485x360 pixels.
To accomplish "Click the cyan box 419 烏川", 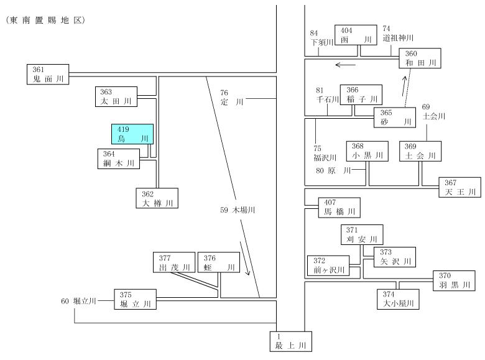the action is (x=132, y=134).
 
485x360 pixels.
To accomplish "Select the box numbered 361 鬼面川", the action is (x=48, y=74).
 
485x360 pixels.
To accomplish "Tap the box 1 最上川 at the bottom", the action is (x=291, y=341).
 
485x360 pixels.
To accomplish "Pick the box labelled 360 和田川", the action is (x=420, y=58).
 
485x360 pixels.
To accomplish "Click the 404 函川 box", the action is (x=356, y=35).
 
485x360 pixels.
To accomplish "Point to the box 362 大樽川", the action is (x=157, y=198).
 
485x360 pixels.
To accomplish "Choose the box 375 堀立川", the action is (x=135, y=300).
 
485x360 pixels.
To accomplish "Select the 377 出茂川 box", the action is (x=174, y=262).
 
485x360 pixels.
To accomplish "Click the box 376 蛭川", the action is (x=219, y=262).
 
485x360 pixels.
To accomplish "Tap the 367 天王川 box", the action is (x=460, y=187).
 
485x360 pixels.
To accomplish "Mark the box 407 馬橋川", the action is (x=339, y=208).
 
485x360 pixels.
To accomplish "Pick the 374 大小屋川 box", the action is (x=398, y=299).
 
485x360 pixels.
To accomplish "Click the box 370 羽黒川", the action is (x=454, y=281).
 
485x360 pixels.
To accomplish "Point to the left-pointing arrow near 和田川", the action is (x=346, y=65).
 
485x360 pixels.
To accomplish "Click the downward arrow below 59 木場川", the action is (x=245, y=259).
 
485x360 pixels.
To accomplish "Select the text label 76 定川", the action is (x=232, y=98).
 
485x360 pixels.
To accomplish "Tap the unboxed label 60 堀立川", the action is (x=78, y=301).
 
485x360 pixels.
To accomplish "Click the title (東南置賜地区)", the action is (x=45, y=21).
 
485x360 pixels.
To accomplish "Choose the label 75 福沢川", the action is (x=325, y=154).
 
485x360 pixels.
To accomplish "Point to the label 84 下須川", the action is (x=321, y=38).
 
